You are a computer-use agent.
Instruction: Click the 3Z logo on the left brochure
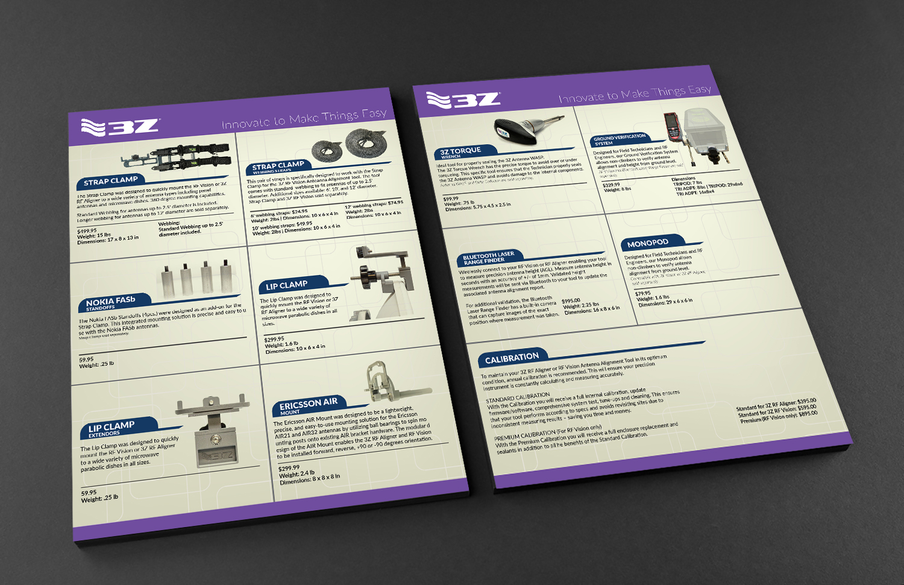(120, 127)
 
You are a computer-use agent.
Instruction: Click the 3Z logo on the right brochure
(463, 100)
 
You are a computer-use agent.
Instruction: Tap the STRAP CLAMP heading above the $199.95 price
(111, 181)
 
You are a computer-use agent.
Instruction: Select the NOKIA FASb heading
(110, 302)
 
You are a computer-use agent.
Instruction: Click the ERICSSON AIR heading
(308, 403)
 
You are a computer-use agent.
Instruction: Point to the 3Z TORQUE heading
(460, 151)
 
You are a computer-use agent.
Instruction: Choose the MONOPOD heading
(647, 243)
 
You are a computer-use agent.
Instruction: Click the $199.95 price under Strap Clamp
(87, 231)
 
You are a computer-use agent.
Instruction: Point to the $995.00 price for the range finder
(571, 301)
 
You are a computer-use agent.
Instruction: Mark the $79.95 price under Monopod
(643, 294)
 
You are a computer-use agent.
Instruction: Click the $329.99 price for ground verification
(611, 185)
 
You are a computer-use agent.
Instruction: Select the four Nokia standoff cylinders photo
(197, 279)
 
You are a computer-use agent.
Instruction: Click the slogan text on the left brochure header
(304, 119)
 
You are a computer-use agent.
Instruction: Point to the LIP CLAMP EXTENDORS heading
(111, 428)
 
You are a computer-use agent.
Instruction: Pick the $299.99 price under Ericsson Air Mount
(289, 468)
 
